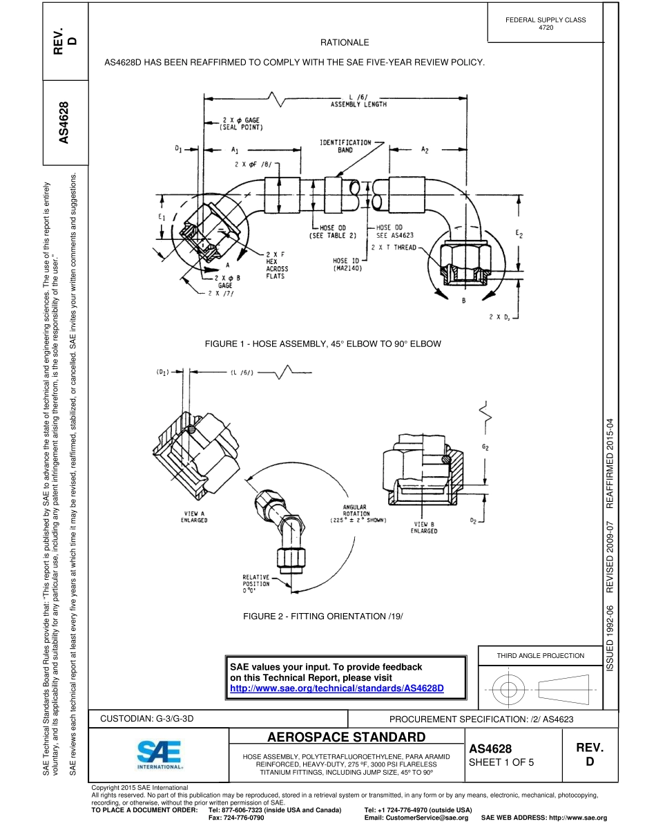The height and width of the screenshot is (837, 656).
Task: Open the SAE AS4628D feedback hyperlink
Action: click(x=336, y=689)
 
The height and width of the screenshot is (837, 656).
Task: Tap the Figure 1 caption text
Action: click(x=322, y=344)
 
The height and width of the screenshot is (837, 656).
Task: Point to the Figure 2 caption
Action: click(x=322, y=615)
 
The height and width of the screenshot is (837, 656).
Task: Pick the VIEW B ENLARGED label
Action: click(x=423, y=527)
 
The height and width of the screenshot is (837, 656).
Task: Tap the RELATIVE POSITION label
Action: click(x=255, y=583)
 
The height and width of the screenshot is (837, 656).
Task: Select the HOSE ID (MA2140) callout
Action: click(x=349, y=263)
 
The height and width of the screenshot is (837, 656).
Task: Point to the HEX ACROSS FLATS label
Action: click(x=275, y=265)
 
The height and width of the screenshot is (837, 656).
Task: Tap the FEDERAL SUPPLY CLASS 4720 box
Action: click(x=546, y=23)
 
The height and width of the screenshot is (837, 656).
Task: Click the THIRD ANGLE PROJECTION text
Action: click(x=541, y=655)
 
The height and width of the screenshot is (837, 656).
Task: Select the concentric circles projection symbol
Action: click(x=508, y=689)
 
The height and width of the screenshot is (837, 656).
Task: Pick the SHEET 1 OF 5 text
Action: click(x=501, y=762)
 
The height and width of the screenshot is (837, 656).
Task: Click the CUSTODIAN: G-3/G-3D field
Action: click(x=148, y=719)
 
